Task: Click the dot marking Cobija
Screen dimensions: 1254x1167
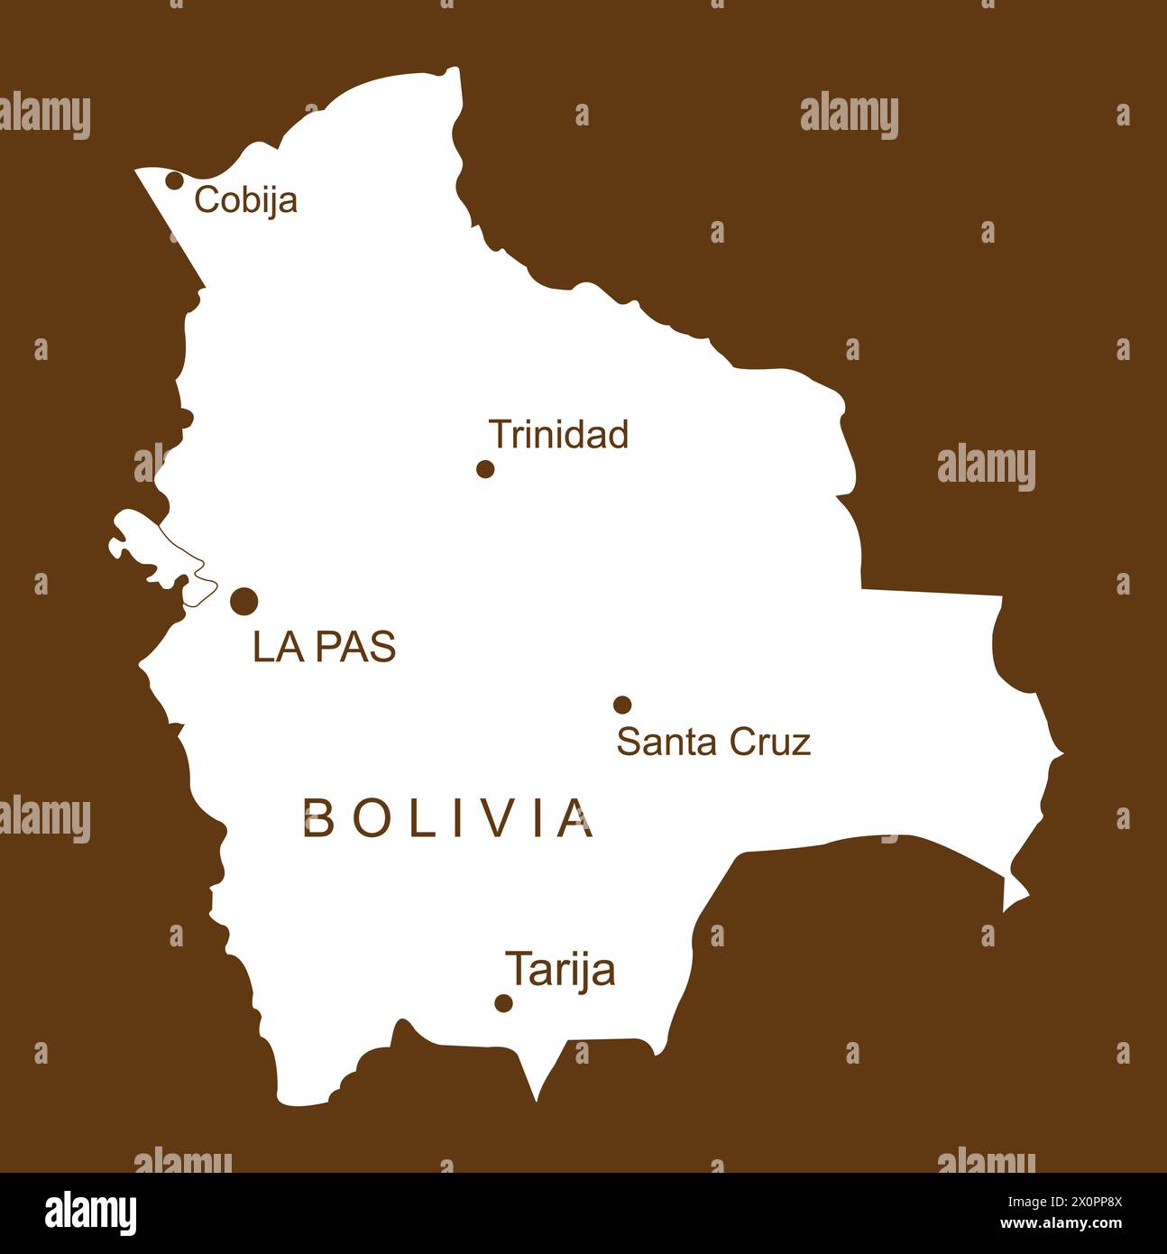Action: (x=174, y=180)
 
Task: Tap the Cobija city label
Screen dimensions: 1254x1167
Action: (x=245, y=200)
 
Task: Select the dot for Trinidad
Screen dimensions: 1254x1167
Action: (x=485, y=468)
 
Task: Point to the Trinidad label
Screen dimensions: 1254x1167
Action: (x=558, y=435)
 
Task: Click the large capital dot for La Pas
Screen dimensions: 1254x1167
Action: (x=244, y=601)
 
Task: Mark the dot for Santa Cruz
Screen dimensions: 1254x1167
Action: (x=622, y=705)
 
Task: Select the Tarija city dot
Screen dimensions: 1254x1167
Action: (x=504, y=1002)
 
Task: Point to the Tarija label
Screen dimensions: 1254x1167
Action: (x=560, y=970)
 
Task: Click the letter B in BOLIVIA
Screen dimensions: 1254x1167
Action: (x=317, y=818)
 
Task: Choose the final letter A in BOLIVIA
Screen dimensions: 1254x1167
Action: (x=575, y=818)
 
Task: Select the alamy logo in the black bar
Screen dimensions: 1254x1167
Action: (x=91, y=1213)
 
